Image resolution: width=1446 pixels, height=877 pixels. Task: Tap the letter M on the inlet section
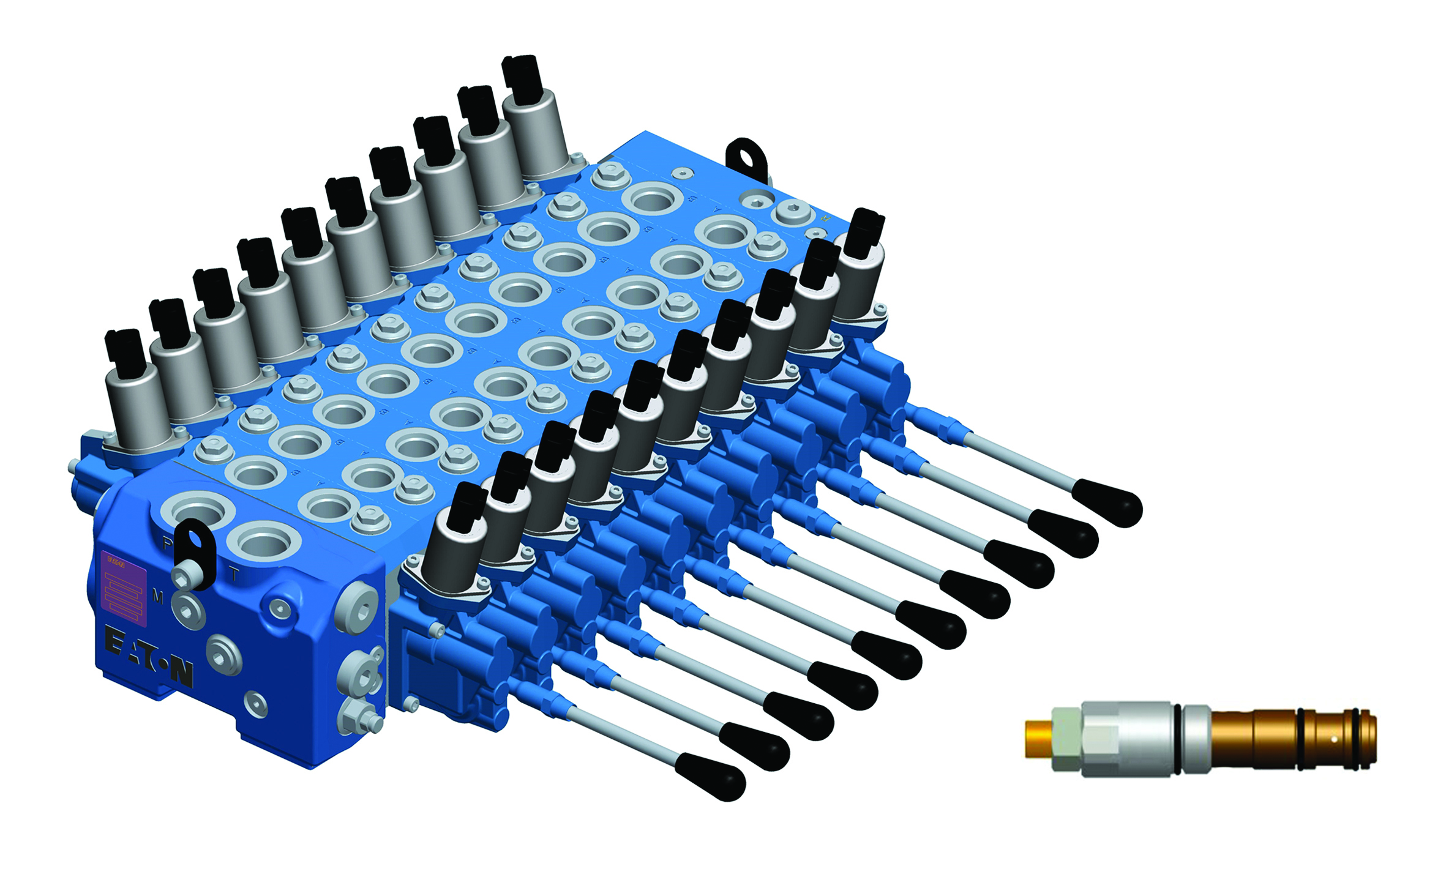(x=157, y=596)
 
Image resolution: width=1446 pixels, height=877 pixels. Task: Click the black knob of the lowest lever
(x=711, y=777)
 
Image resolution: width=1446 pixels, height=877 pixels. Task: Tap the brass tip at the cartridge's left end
(x=1038, y=739)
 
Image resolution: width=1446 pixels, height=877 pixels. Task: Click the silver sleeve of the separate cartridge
(x=1126, y=739)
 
